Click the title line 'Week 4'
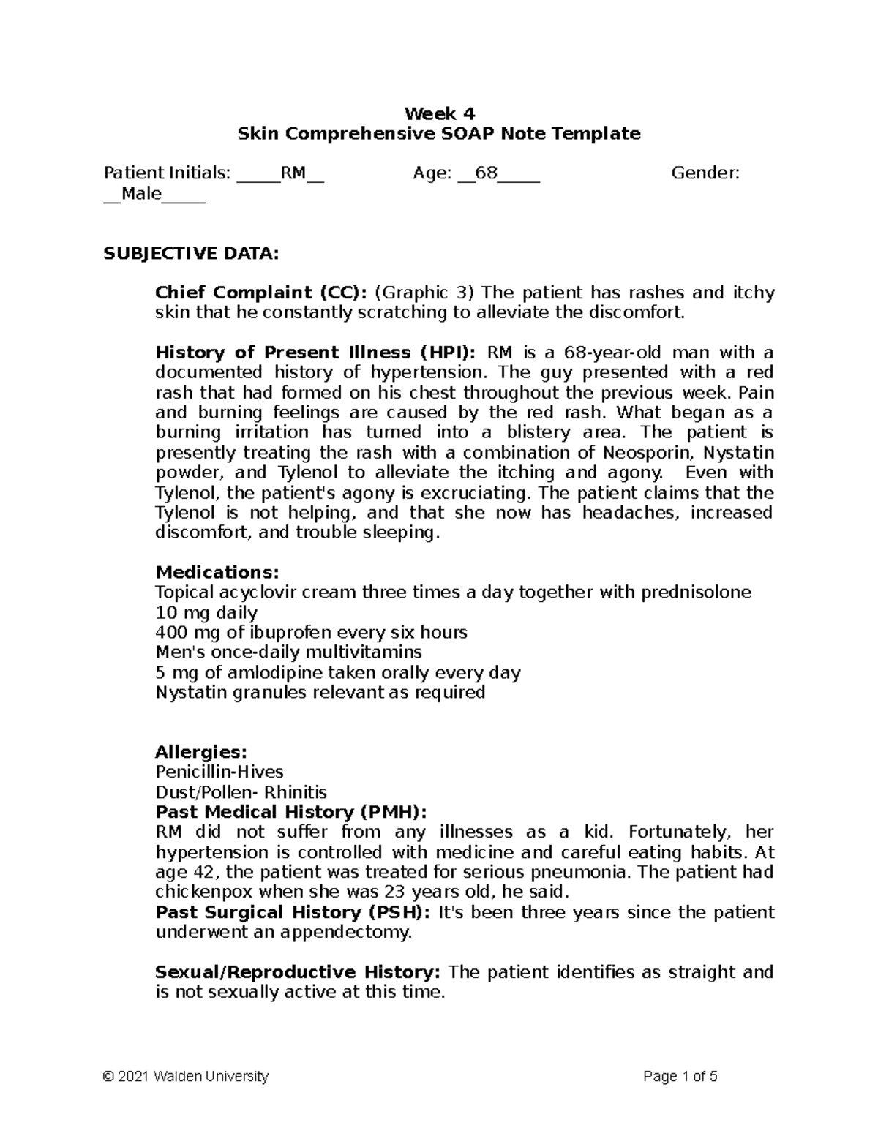pyautogui.click(x=439, y=113)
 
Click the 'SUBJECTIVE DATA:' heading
pyautogui.click(x=191, y=253)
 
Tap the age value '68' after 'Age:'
pyautogui.click(x=486, y=173)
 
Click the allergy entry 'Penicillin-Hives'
pyautogui.click(x=219, y=772)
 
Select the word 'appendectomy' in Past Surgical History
pyautogui.click(x=352, y=933)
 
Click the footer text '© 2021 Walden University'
pyautogui.click(x=187, y=1077)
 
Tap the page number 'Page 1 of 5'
pyautogui.click(x=680, y=1077)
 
